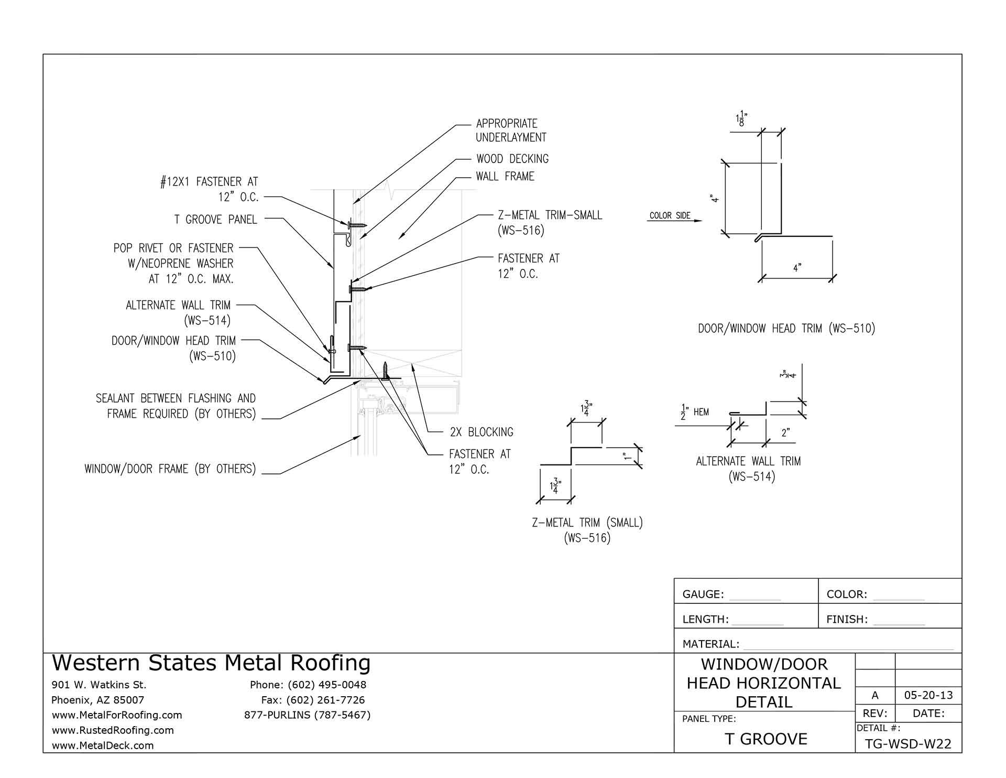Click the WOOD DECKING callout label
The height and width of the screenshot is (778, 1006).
point(512,159)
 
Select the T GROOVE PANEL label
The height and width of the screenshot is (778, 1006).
point(215,220)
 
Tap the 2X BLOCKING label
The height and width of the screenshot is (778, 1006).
point(481,433)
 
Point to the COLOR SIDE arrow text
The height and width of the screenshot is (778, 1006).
point(670,215)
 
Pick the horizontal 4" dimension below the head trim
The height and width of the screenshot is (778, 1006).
point(797,268)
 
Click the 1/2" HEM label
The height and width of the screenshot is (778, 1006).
point(695,412)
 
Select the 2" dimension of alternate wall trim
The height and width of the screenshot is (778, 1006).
point(785,433)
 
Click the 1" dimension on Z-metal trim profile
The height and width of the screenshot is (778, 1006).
point(627,456)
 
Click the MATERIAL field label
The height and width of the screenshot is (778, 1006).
point(710,644)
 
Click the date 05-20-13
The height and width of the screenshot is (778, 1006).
point(928,696)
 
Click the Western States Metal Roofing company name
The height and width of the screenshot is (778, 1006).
point(211,663)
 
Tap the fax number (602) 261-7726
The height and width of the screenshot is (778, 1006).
point(313,700)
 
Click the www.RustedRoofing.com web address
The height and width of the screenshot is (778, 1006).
point(113,730)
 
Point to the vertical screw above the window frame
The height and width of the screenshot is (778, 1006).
point(386,370)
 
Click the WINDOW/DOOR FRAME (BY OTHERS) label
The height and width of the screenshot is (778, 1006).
point(170,469)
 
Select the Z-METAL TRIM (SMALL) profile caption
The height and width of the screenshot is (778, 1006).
point(587,523)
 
